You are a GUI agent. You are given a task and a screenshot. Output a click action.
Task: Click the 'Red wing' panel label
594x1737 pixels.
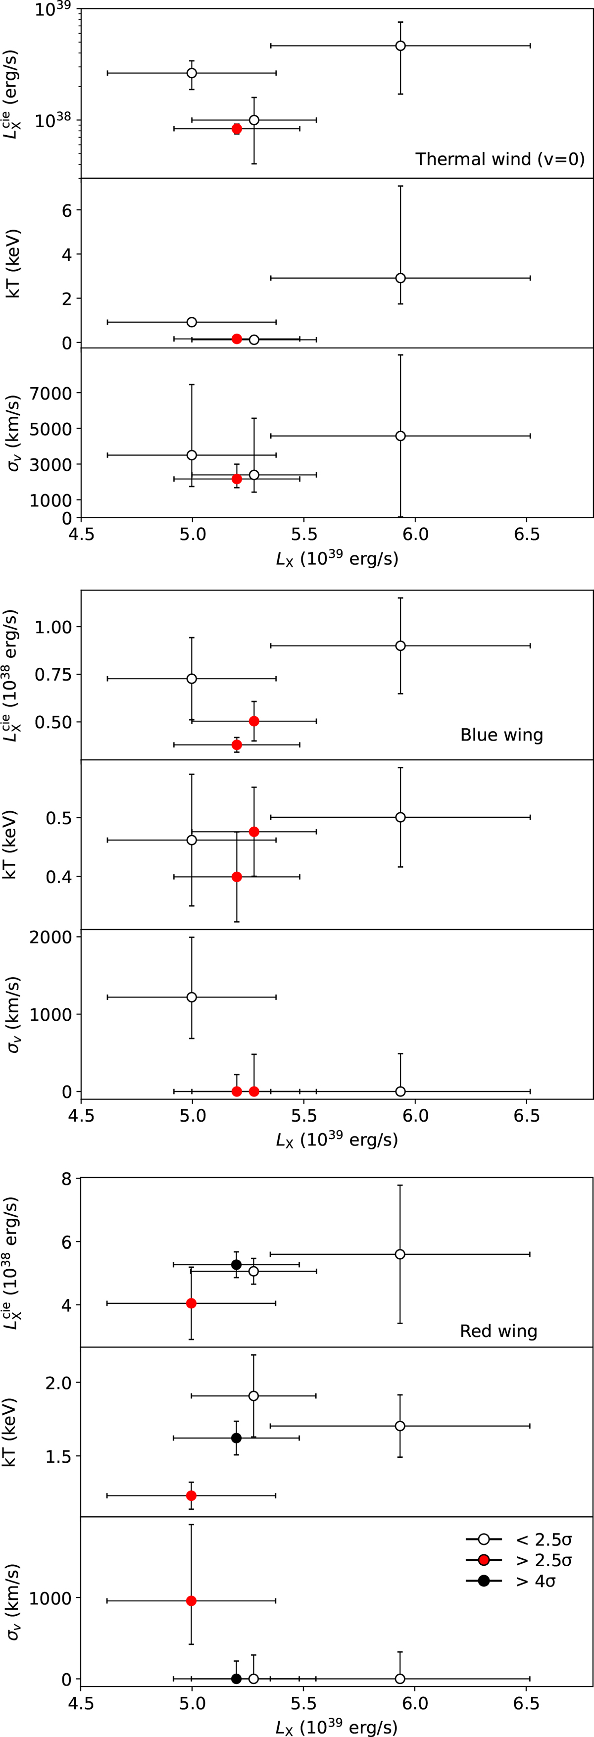498,1331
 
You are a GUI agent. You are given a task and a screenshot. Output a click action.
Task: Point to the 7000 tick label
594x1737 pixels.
52,393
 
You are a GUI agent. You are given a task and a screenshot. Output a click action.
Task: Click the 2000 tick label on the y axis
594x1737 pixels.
51,937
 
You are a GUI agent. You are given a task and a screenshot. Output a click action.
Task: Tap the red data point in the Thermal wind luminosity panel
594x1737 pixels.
237,128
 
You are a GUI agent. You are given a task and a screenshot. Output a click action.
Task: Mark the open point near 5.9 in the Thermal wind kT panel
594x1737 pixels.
400,278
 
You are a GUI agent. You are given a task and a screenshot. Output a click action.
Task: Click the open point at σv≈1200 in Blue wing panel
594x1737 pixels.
192,996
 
